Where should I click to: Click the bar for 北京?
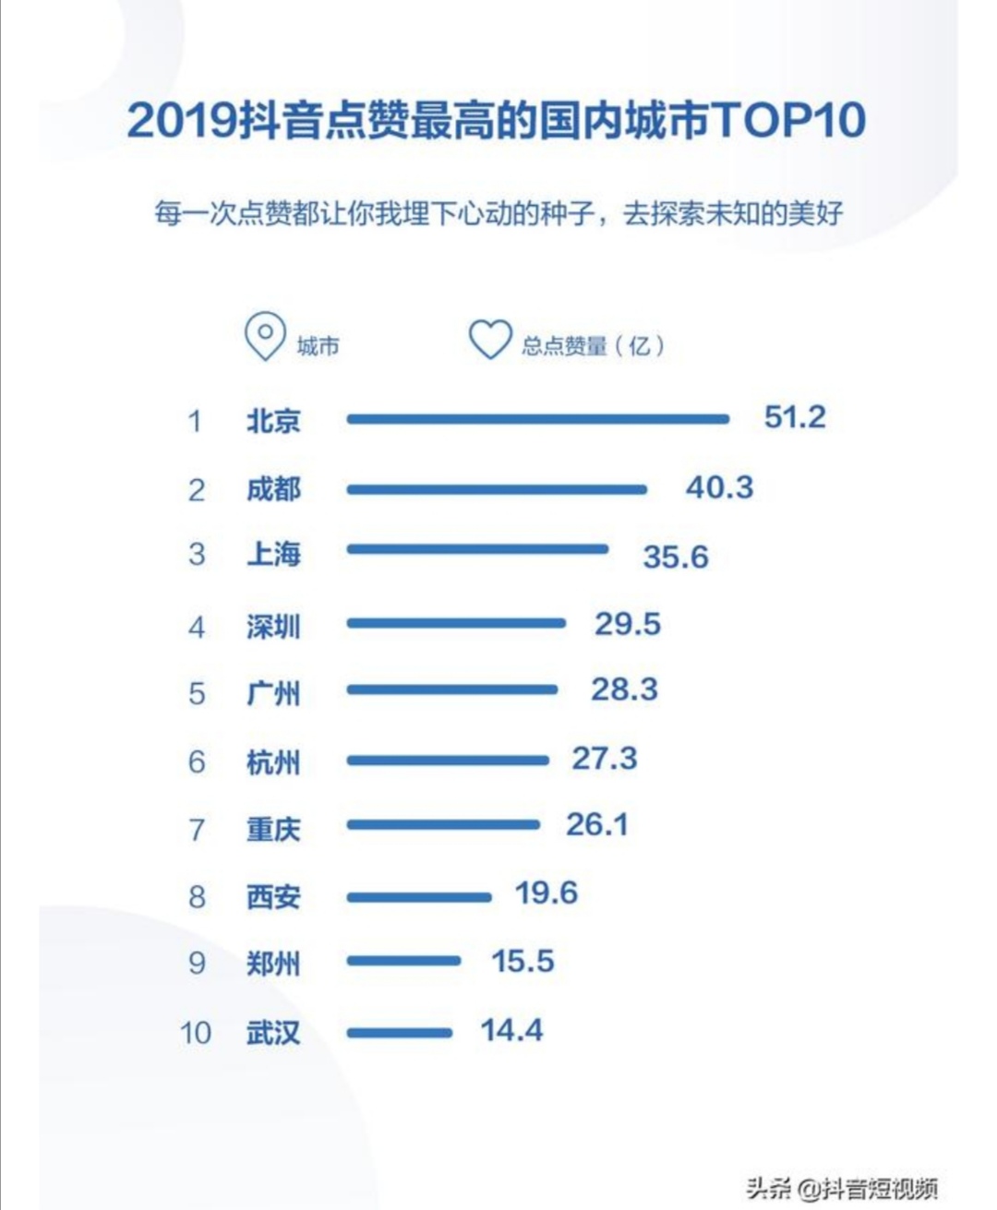(537, 419)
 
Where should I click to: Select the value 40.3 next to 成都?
(719, 487)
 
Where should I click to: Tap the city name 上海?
(273, 554)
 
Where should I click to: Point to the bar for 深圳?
(456, 624)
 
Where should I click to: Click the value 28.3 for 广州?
(624, 689)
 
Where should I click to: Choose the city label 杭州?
(273, 762)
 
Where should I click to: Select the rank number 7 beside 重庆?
(197, 829)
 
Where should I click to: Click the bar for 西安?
(419, 896)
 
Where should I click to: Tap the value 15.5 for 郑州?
(523, 962)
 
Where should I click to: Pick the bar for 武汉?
(400, 1033)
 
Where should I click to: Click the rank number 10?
(196, 1032)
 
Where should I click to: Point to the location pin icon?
(265, 337)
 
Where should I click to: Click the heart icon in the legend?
(489, 340)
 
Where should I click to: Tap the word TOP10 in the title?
(788, 119)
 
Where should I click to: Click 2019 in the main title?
(182, 120)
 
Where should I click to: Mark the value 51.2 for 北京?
(795, 417)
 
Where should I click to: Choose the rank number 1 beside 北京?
(195, 421)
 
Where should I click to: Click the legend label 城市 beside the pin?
(318, 346)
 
